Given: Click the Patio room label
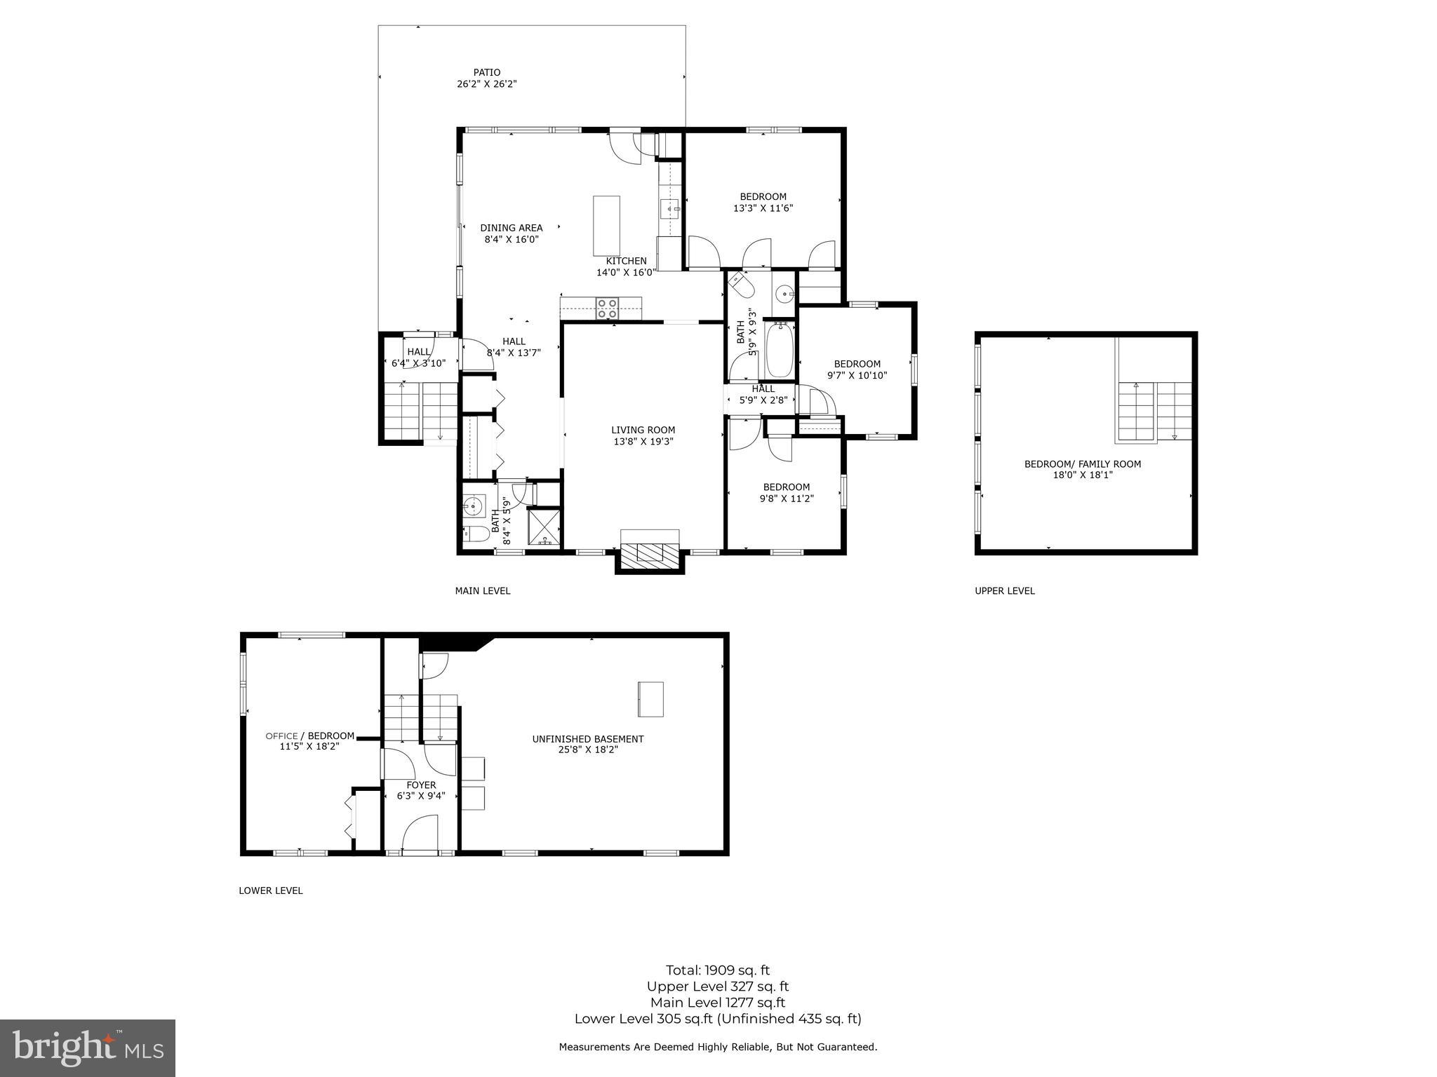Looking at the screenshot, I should pyautogui.click(x=486, y=72).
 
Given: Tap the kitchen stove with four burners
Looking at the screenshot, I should pyautogui.click(x=607, y=309).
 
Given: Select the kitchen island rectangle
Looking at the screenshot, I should pyautogui.click(x=606, y=226).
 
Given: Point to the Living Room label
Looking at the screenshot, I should pyautogui.click(x=643, y=430).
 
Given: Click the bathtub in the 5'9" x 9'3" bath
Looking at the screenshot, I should pyautogui.click(x=779, y=351).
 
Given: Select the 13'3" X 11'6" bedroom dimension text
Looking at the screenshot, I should pyautogui.click(x=763, y=208).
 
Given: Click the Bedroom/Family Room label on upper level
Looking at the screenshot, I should pyautogui.click(x=1082, y=463).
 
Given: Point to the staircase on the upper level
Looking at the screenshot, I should pyautogui.click(x=1154, y=412).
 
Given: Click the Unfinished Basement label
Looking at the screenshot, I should pyautogui.click(x=587, y=739).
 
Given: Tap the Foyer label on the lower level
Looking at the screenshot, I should pyautogui.click(x=421, y=785).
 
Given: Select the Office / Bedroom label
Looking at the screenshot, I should pyautogui.click(x=309, y=736).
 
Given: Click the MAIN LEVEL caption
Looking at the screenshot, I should pyautogui.click(x=482, y=591).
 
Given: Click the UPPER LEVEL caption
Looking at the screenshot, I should pyautogui.click(x=1004, y=591).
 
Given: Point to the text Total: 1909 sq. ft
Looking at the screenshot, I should pyautogui.click(x=717, y=970).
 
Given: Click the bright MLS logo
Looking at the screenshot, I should pyautogui.click(x=87, y=1048).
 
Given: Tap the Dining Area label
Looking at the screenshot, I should pyautogui.click(x=511, y=228).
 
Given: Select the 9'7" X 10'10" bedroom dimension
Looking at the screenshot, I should pyautogui.click(x=857, y=375).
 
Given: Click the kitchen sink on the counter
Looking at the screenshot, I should pyautogui.click(x=670, y=208).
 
